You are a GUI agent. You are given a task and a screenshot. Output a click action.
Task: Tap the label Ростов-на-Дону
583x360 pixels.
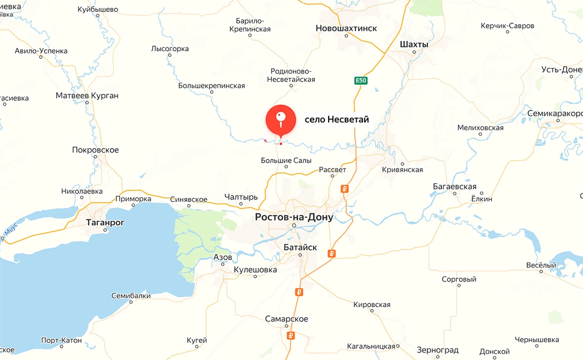(x=294, y=217)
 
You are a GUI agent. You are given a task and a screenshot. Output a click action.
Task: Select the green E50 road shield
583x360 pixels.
(x=361, y=80)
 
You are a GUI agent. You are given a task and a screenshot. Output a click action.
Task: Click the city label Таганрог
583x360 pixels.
(x=105, y=222)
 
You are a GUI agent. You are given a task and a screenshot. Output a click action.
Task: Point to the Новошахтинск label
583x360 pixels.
(x=346, y=29)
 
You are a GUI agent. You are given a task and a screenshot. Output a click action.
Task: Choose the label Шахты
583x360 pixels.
(x=414, y=44)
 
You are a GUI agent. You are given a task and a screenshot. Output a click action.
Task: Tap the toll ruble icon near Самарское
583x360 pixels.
(x=291, y=336)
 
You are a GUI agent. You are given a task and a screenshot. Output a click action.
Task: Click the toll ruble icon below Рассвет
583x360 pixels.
(x=345, y=189)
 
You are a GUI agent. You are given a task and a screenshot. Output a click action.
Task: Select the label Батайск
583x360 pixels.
(x=300, y=247)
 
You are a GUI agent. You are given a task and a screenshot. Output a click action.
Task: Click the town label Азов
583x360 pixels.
(x=222, y=257)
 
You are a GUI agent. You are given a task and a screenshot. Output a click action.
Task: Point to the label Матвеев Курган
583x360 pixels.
(x=87, y=95)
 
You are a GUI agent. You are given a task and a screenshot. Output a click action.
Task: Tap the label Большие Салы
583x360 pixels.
(x=286, y=160)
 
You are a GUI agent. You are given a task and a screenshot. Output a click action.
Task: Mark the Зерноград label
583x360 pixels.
(x=437, y=350)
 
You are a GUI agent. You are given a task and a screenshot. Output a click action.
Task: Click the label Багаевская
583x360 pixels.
(x=455, y=186)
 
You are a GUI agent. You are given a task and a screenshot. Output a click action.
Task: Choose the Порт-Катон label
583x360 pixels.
(x=62, y=340)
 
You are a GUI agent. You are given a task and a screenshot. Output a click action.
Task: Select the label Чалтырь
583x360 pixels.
(x=241, y=197)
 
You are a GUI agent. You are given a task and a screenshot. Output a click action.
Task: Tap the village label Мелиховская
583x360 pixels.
(x=480, y=128)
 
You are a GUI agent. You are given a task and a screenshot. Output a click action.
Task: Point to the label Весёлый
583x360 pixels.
(x=541, y=265)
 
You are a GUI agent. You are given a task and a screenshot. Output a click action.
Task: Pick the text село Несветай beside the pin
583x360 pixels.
(x=336, y=119)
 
